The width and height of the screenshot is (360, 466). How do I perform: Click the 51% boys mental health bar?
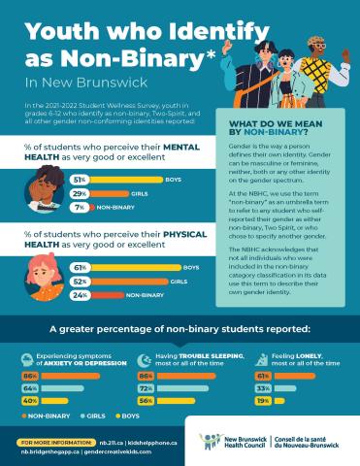[107, 180]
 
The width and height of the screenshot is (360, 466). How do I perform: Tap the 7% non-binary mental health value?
[78, 207]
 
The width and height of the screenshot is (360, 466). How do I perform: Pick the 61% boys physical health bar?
[121, 267]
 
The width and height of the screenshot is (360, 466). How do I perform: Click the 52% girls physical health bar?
[112, 281]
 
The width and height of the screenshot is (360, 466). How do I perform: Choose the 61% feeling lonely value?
[263, 375]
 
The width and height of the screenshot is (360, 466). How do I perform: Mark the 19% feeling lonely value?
[263, 400]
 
